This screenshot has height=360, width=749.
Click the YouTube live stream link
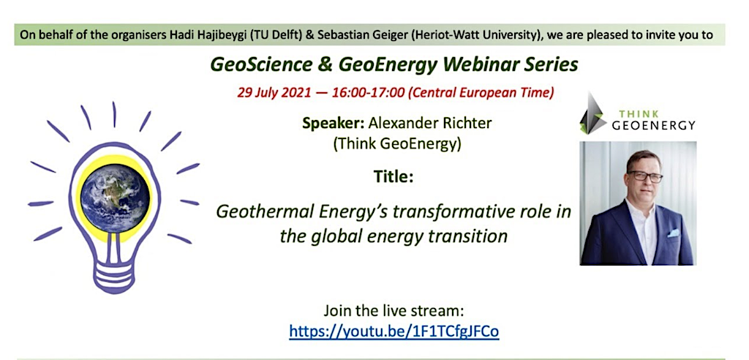(x=394, y=331)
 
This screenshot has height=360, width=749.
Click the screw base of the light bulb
(x=114, y=273)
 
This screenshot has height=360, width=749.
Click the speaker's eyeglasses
(x=644, y=176)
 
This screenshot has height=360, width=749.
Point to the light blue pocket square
(x=673, y=233)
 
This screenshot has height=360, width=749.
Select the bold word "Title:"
(x=394, y=177)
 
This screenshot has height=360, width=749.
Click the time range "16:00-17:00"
(x=364, y=92)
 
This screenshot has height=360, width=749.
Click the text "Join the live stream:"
(x=394, y=311)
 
